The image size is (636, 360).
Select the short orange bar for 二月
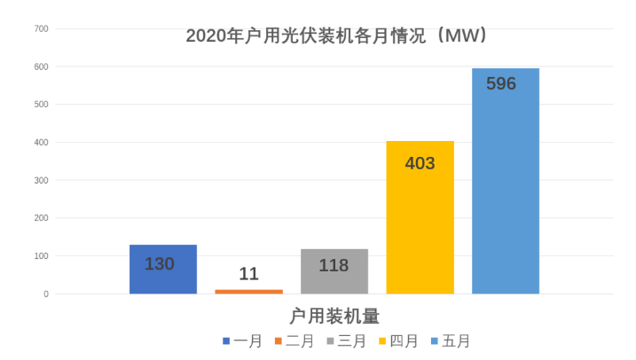pos(248,291)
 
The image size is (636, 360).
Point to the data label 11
pos(248,274)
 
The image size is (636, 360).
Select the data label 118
pos(334,265)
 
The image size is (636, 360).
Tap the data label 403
pos(420,163)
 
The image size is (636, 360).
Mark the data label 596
pos(501,84)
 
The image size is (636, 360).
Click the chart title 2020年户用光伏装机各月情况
pos(337,36)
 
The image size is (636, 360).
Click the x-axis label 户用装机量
pos(334,316)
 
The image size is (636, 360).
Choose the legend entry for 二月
pos(294,341)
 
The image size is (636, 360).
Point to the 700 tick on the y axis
pos(41,29)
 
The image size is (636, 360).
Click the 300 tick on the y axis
pos(41,181)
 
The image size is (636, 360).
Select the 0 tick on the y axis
pos(45,294)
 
